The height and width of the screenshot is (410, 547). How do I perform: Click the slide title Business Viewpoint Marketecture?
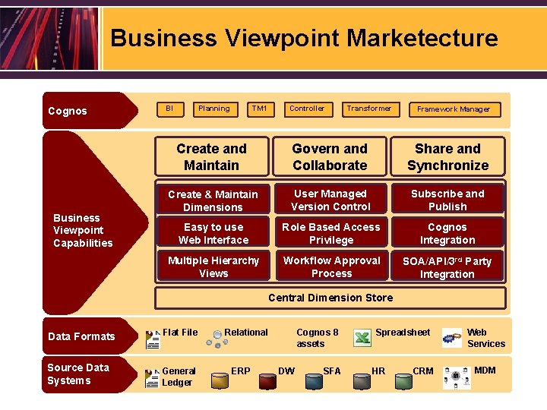304,38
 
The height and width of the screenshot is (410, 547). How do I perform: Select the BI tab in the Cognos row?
169,109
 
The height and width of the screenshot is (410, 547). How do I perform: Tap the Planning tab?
214,109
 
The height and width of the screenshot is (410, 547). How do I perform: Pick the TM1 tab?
260,109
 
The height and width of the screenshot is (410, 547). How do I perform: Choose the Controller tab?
307,109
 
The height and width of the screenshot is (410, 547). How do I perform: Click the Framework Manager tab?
454,109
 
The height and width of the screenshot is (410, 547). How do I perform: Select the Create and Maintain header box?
211,156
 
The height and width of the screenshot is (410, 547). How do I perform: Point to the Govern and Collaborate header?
330,156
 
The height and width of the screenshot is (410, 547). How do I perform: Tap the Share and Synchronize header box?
447,156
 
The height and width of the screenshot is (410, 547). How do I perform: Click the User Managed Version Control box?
330,200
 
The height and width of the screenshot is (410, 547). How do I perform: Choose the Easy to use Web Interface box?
213,233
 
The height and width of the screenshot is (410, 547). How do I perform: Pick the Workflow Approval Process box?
331,266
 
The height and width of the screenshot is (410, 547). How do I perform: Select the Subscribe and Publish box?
447,200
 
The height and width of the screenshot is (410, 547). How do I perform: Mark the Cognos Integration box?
447,233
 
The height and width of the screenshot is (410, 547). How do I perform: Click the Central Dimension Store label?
330,298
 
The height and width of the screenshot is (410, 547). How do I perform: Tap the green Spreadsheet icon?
363,338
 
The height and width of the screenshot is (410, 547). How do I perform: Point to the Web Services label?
486,338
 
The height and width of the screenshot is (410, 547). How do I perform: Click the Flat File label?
180,332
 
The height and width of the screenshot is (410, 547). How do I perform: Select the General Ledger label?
179,377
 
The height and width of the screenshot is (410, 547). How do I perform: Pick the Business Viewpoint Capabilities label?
83,230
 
